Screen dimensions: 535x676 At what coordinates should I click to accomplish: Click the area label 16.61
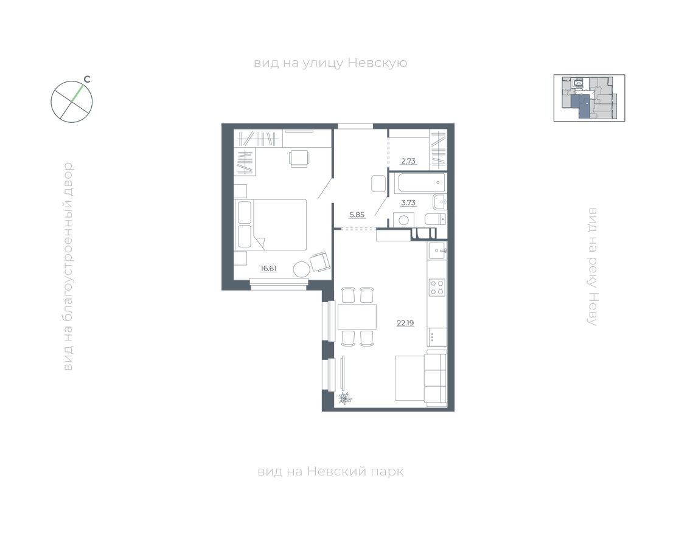(x=268, y=267)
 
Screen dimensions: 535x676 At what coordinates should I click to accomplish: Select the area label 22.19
(x=405, y=323)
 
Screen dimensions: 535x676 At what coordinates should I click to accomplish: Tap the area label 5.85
(x=357, y=214)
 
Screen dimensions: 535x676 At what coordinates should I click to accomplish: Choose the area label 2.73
(x=408, y=161)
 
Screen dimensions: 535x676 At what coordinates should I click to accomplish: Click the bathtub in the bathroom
(x=420, y=182)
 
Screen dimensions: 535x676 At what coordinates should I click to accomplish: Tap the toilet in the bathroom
(x=436, y=219)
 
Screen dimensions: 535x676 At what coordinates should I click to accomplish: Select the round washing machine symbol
(x=403, y=219)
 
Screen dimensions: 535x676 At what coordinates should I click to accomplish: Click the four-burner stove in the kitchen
(x=437, y=287)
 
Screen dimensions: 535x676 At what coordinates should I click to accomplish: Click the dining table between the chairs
(x=357, y=316)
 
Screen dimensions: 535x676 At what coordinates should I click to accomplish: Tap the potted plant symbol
(x=345, y=399)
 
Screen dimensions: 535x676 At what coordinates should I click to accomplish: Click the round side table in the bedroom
(x=301, y=269)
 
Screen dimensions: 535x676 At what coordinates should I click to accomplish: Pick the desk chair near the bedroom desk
(x=299, y=158)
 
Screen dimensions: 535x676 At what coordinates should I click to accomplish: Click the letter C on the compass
(x=87, y=79)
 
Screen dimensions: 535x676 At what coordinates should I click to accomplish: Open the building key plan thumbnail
(x=589, y=98)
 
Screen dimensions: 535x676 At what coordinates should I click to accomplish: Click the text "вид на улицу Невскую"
(x=330, y=63)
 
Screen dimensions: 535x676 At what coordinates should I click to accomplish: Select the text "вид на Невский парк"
(x=330, y=471)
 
